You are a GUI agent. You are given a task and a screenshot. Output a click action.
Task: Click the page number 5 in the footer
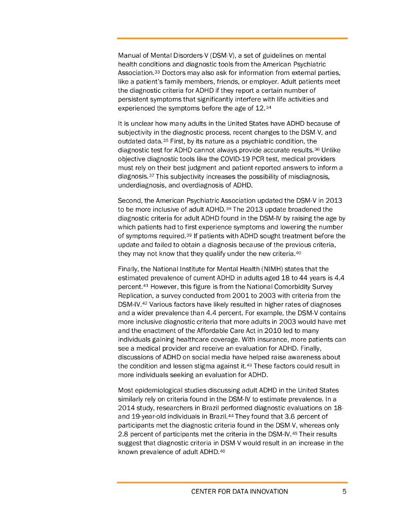click(x=344, y=491)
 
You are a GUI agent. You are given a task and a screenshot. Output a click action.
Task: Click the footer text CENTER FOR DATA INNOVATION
click(x=239, y=491)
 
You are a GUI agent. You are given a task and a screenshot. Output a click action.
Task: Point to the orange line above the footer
click(x=232, y=482)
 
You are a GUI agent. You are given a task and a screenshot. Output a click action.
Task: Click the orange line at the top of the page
click(x=232, y=38)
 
